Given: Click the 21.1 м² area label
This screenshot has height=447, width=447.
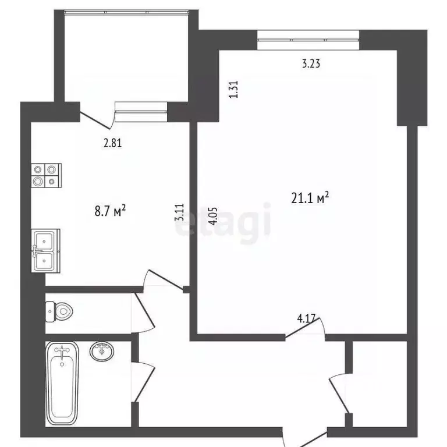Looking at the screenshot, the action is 310,197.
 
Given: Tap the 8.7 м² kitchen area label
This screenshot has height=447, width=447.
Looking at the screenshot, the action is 110,211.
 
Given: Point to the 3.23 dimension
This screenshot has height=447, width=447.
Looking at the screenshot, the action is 311,63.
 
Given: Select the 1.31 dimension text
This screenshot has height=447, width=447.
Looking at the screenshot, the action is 233,89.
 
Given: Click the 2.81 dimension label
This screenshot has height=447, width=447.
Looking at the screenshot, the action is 112,143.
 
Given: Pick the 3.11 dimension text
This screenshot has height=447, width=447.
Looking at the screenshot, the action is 180,212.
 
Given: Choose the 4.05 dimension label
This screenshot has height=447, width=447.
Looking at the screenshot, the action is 213,217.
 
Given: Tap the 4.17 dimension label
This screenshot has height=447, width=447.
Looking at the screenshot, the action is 306,318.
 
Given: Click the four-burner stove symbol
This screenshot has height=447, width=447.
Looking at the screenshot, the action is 46,175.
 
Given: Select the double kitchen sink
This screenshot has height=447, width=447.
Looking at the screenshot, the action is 45,251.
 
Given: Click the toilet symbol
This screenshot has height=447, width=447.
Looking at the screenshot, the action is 59,311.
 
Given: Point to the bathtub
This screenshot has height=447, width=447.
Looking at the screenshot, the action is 62,384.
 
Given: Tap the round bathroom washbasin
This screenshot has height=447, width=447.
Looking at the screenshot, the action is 102,352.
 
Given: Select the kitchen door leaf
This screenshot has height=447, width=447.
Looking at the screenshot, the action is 166,281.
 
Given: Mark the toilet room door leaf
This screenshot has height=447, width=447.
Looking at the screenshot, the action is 144,310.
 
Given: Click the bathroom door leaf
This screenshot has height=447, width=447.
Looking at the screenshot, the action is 144,384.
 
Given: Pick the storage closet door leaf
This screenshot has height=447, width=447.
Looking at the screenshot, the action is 339,395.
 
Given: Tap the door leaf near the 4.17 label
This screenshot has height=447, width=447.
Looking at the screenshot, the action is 303,328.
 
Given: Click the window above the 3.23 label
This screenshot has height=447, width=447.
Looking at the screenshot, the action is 308,40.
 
